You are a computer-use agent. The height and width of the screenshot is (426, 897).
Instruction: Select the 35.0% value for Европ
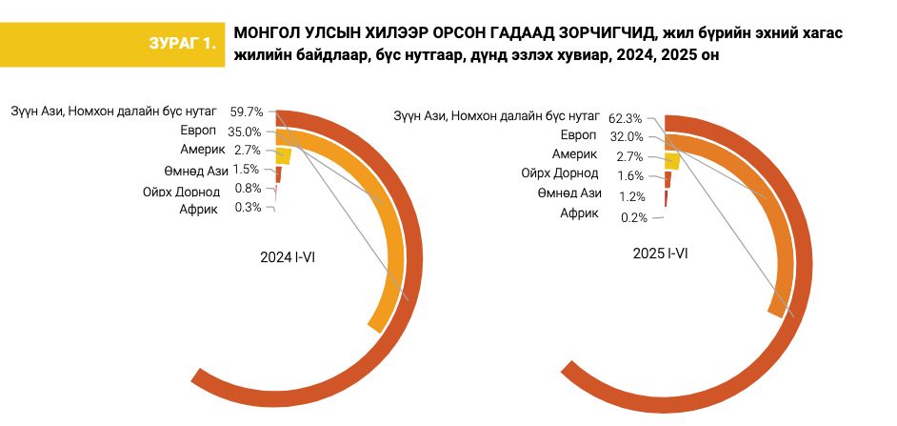(246, 132)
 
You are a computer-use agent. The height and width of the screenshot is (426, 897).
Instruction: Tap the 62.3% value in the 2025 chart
(628, 118)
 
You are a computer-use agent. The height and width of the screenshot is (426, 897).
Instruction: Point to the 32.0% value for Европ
(627, 137)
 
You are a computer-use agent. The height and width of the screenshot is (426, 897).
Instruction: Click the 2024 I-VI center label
(288, 257)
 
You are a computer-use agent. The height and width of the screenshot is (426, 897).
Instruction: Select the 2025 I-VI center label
(660, 254)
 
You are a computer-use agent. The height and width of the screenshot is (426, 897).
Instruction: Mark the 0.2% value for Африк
(633, 217)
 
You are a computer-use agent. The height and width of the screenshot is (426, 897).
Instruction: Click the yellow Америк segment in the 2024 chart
(283, 156)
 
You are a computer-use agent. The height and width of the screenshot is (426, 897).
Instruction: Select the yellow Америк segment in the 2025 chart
(671, 160)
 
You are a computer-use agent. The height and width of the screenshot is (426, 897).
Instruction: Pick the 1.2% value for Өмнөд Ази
(631, 196)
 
